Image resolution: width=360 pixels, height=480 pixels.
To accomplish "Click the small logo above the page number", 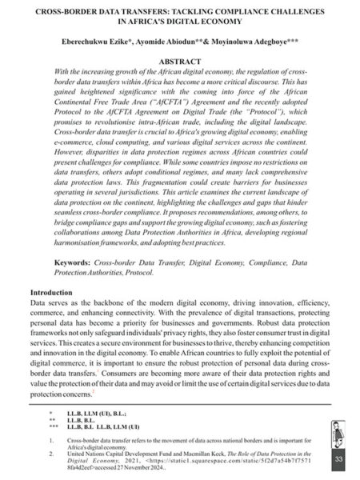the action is [338, 433].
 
